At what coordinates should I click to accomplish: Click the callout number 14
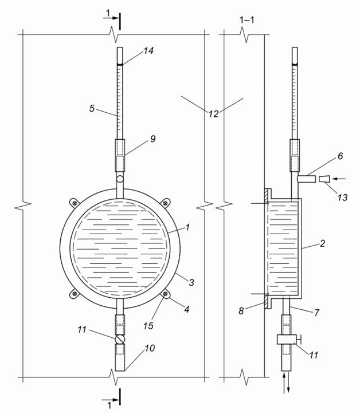tap(148, 51)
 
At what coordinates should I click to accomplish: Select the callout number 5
tap(92, 108)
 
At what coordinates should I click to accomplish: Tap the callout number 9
tap(153, 139)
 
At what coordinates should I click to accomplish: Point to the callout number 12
tap(214, 114)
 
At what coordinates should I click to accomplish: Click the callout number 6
tap(340, 156)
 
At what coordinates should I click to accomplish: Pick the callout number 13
tap(342, 197)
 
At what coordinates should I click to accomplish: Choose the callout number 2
tap(322, 243)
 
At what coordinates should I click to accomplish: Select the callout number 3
tap(191, 282)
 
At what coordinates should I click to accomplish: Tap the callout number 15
tap(148, 326)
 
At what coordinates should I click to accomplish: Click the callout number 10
tap(150, 348)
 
